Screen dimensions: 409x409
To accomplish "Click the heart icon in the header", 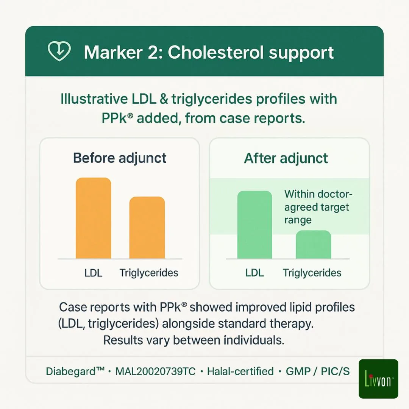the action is coord(59,51).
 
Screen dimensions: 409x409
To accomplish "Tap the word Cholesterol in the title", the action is coord(216,52).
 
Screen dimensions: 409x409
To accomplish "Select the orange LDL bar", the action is coord(94,218).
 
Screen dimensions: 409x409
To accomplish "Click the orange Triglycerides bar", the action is coord(147,228).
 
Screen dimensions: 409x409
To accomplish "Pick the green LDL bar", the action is coord(254,225).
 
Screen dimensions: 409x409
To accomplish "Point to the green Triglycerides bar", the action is coord(313,244).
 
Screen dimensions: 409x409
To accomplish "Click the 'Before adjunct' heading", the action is coord(120,158).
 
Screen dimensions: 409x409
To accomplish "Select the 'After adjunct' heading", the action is coord(286,158).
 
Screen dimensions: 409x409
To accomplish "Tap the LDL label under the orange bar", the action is coord(93,273).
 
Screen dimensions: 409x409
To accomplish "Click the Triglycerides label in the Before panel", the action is coord(149,273).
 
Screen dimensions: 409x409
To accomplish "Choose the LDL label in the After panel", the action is coord(254,273).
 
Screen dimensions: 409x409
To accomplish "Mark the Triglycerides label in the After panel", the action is coord(312,273).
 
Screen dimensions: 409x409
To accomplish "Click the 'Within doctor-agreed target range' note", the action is coord(318,207).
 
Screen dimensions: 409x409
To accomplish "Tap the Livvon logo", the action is coord(378,379).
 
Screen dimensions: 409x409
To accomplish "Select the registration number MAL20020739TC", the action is coord(156,371).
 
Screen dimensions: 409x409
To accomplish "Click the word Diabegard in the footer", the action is coord(71,371).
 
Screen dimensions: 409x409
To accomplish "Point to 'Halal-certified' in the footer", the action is coord(240,371).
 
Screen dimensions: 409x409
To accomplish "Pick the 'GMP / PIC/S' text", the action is coord(318,371).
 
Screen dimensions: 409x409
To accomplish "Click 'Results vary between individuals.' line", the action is coord(194,340).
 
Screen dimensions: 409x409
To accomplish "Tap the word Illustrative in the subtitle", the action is coord(94,99).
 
